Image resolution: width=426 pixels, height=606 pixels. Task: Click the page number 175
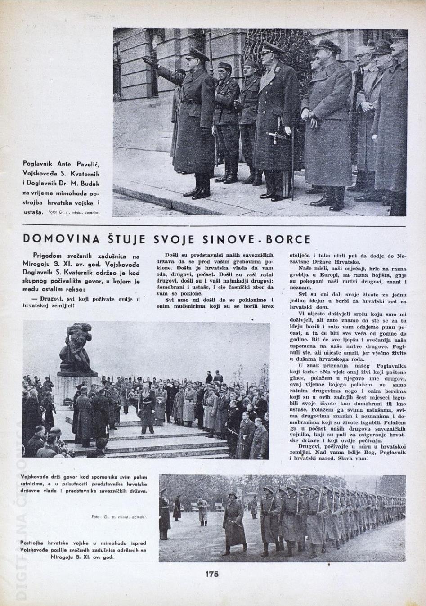point(212,574)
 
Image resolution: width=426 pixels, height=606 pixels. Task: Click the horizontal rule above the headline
point(213,225)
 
